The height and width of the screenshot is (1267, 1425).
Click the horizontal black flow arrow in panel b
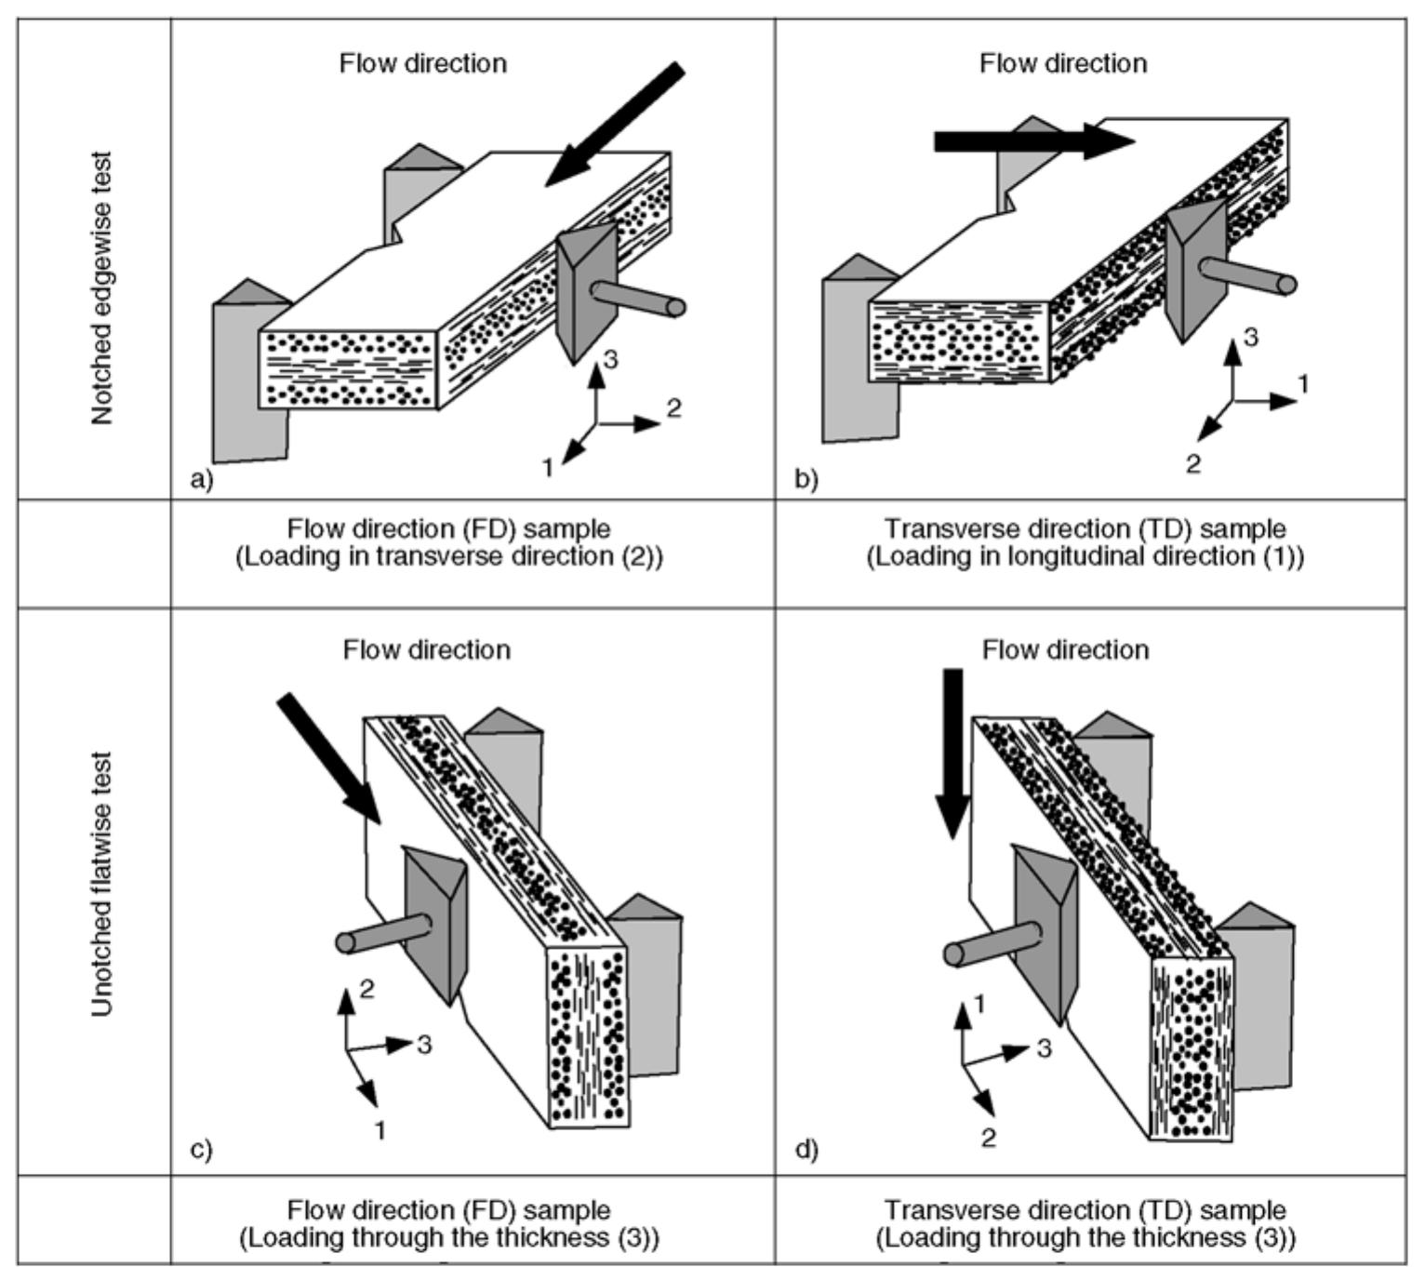(1032, 141)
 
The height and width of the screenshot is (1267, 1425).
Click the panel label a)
(201, 479)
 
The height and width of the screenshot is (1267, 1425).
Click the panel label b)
(806, 479)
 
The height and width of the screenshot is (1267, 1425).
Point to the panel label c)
(201, 1150)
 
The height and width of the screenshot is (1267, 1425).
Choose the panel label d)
(806, 1150)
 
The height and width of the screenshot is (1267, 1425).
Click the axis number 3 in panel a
(610, 359)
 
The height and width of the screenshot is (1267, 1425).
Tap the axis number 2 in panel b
(1193, 462)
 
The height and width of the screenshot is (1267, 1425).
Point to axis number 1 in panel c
(380, 1129)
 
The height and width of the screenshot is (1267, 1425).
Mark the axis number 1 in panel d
(979, 1003)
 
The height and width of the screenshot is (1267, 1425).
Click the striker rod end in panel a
(676, 307)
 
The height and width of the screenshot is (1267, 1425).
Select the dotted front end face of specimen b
(959, 342)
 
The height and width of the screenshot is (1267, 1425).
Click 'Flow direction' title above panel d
(1065, 649)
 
